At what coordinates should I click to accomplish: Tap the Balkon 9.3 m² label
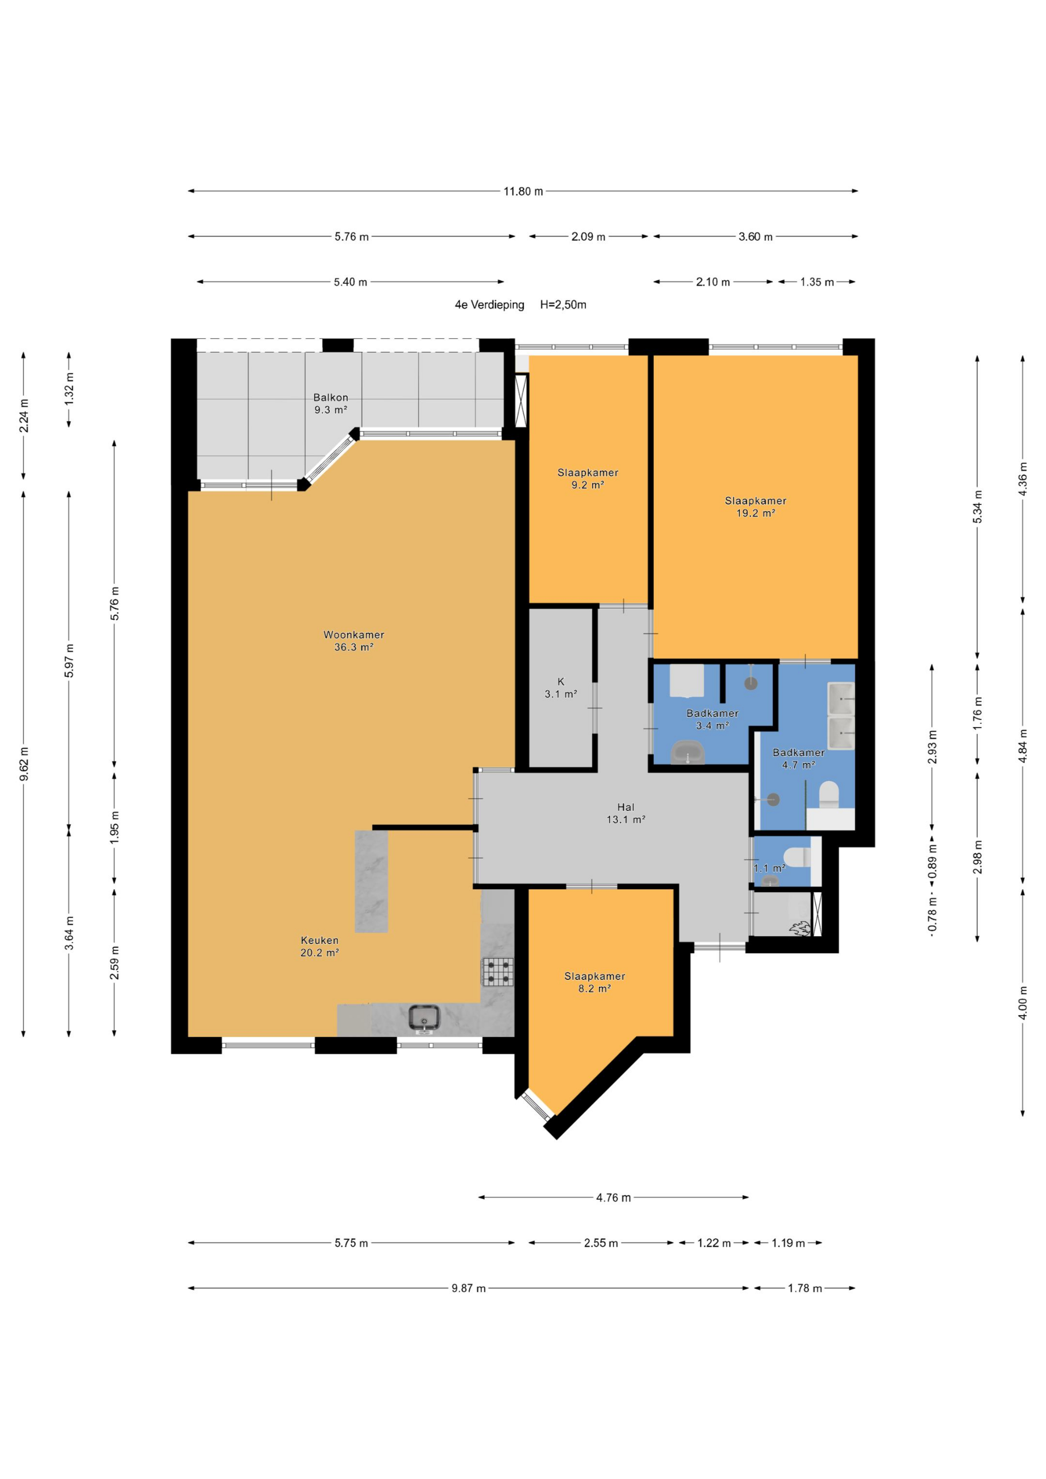coord(331,403)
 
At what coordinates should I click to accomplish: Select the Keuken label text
coord(320,940)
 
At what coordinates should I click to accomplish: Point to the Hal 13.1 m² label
coord(626,813)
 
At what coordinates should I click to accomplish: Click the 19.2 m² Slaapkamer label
coord(756,506)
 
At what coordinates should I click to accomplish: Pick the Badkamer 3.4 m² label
coord(712,719)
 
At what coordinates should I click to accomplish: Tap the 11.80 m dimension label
coord(523,191)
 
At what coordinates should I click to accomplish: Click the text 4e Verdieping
coord(490,305)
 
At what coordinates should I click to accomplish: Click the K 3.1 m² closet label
coord(561,688)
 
